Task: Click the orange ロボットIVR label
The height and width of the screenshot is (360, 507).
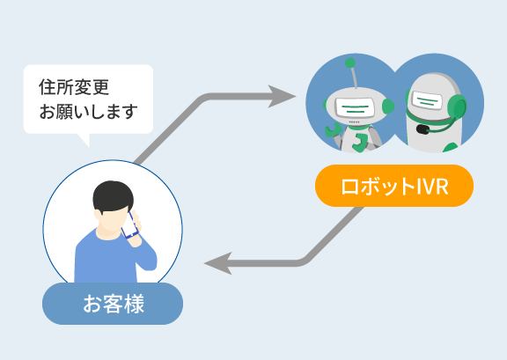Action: point(394,186)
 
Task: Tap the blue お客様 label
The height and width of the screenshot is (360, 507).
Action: point(113,304)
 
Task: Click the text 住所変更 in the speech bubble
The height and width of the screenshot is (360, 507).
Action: point(74,87)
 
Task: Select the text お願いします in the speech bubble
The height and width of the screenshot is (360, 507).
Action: point(88,111)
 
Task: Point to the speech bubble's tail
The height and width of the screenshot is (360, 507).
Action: point(84,140)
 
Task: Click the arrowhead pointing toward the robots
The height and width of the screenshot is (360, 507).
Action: point(281,96)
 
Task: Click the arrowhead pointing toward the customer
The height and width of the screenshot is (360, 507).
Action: point(218,263)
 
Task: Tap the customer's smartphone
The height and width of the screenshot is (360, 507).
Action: point(129,225)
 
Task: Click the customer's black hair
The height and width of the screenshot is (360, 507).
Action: point(113,195)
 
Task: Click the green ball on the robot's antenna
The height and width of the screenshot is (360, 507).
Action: point(349,62)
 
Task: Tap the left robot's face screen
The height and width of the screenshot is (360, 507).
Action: point(355,107)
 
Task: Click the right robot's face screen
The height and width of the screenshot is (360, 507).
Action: point(427,100)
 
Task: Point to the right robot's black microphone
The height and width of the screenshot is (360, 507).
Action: point(422,129)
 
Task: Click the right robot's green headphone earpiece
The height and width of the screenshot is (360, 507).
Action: point(456,107)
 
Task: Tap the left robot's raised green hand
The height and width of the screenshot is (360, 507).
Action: point(332,130)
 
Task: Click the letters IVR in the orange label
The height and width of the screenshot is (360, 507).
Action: point(432,187)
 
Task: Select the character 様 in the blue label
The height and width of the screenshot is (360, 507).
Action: point(134,304)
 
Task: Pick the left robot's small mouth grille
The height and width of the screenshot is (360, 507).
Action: point(355,122)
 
